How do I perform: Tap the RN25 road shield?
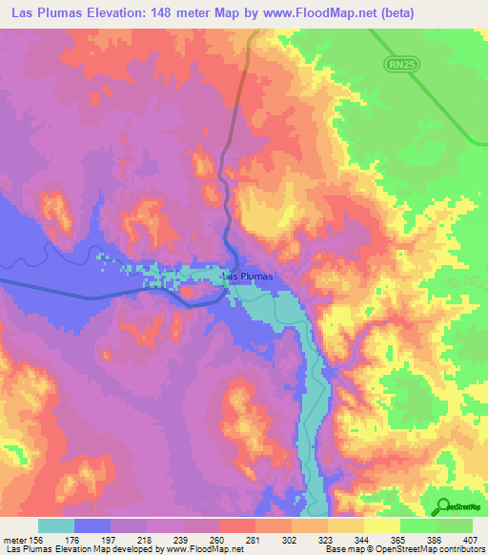pos(400,65)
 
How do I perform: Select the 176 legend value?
pos(73,539)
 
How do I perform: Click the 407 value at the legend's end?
pos(473,539)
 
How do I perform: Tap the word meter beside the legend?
pos(12,539)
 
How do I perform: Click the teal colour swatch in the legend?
pos(55,525)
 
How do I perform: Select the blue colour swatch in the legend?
pos(91,525)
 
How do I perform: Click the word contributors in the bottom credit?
pos(460,549)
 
